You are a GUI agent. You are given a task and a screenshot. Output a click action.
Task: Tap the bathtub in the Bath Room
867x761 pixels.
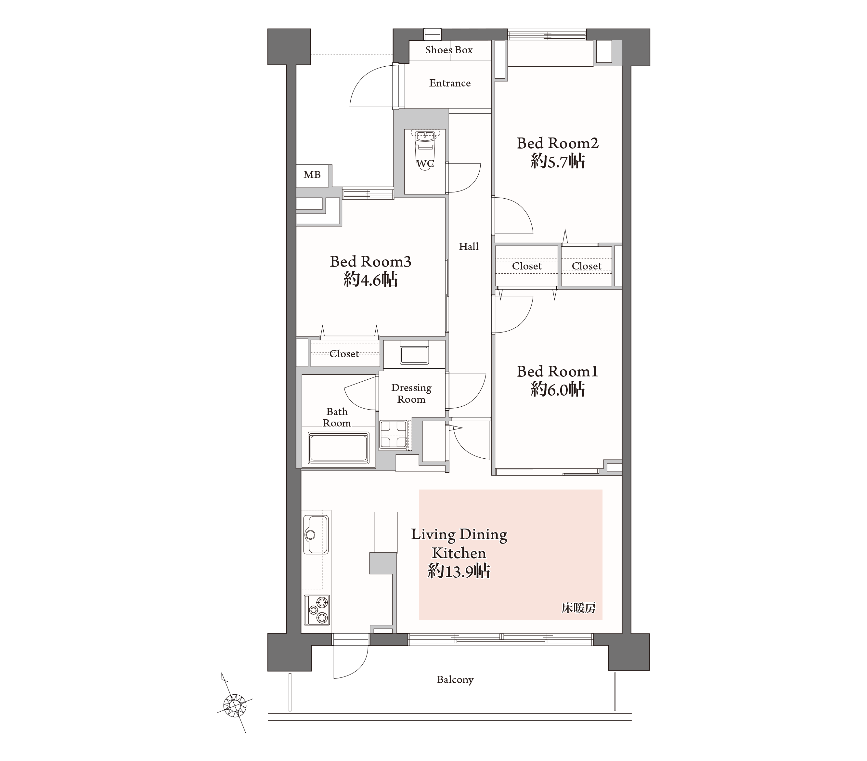pos(339,448)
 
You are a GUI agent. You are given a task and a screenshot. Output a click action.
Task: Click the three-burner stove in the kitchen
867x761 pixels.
pos(317,610)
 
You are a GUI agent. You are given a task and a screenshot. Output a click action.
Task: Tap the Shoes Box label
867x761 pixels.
pos(449,50)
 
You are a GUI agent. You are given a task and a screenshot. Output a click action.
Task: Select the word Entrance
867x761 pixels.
pos(450,83)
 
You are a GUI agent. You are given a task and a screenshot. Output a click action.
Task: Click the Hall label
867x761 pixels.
pos(468,247)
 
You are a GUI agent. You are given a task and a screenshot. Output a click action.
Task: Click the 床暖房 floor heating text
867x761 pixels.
pos(578,608)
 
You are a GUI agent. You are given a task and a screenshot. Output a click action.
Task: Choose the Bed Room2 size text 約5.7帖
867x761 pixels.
pos(557,162)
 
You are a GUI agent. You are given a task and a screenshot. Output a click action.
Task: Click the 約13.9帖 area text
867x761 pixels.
pos(459,571)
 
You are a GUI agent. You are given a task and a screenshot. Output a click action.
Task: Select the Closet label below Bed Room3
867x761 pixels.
pos(344,354)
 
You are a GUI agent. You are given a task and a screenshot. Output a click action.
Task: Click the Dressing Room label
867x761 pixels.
pos(411,393)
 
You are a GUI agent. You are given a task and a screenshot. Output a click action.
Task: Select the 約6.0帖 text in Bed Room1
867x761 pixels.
pos(557,390)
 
